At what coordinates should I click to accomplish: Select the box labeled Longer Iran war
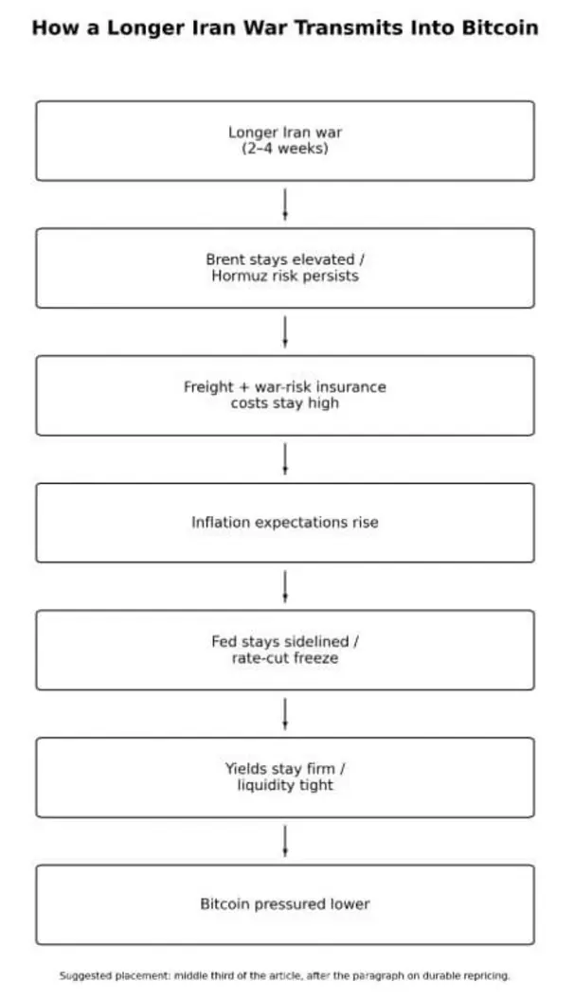click(x=285, y=141)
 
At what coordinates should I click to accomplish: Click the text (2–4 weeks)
click(x=285, y=149)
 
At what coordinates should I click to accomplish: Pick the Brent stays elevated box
click(x=285, y=268)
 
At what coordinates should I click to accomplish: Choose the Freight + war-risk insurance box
click(x=285, y=396)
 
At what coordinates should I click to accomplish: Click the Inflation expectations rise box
click(x=285, y=523)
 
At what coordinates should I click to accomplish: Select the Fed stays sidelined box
click(x=285, y=650)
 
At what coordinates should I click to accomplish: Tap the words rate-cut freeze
click(x=285, y=658)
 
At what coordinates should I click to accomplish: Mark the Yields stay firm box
click(x=285, y=777)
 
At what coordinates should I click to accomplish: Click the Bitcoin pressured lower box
click(x=285, y=904)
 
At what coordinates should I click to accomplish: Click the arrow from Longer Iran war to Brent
click(x=285, y=205)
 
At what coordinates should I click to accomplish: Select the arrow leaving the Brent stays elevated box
click(x=285, y=332)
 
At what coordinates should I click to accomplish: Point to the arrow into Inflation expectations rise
click(x=285, y=459)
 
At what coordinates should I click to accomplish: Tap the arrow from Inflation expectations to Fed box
click(x=285, y=587)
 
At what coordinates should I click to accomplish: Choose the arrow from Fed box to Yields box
click(x=285, y=714)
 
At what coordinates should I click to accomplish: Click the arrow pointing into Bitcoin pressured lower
click(x=285, y=842)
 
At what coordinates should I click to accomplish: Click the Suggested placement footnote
click(x=285, y=975)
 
